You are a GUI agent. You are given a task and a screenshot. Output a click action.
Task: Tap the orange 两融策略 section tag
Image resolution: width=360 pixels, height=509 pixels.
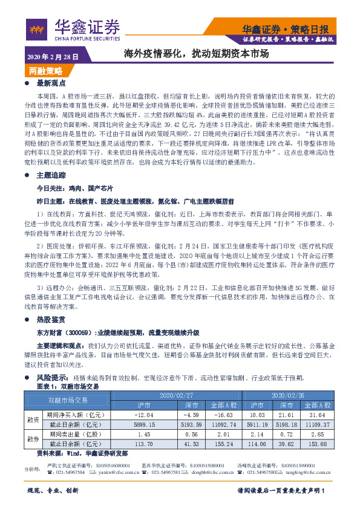click(x=45, y=71)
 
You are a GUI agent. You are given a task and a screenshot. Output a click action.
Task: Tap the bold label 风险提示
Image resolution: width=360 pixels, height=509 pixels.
click(x=54, y=378)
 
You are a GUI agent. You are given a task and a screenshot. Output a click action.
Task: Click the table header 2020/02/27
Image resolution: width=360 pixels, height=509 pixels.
click(x=175, y=395)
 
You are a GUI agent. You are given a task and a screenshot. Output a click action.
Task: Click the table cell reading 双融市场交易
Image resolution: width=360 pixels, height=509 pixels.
click(x=68, y=400)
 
